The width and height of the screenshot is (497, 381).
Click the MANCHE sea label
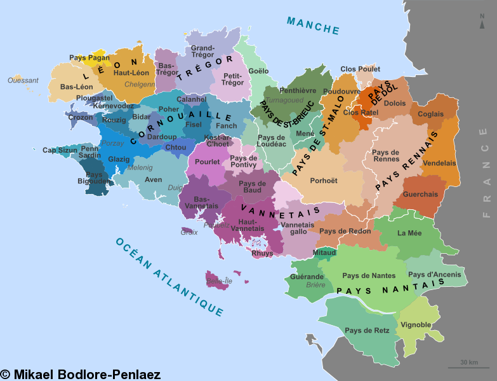click(313, 25)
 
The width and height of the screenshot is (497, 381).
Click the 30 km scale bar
click(468, 364)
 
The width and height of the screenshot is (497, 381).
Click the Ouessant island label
click(23, 80)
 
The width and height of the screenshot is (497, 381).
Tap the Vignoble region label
click(416, 325)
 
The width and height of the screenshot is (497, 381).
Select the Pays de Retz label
click(362, 330)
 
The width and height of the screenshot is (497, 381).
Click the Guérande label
click(307, 277)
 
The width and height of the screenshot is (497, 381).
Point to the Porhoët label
click(323, 181)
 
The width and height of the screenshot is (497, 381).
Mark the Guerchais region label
click(420, 195)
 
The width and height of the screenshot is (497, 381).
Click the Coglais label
click(431, 114)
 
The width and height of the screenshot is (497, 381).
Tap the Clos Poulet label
click(360, 69)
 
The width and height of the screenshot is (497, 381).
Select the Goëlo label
click(258, 71)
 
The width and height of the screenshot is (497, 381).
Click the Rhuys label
click(262, 253)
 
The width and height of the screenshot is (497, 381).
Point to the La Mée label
click(409, 233)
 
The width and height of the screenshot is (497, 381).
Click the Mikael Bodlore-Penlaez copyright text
click(81, 375)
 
